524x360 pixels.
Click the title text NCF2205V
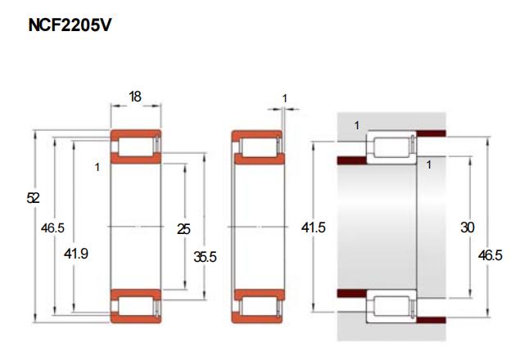[x=70, y=25]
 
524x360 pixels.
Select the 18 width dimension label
[x=135, y=97]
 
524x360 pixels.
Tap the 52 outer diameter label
[x=33, y=198]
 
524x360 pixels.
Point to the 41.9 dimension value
[x=76, y=254]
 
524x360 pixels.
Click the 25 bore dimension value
[x=183, y=229]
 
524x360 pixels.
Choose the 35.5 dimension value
[x=206, y=257]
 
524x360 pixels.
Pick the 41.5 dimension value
[x=313, y=227]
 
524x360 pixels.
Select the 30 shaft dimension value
[x=468, y=227]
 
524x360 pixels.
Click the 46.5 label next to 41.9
[x=52, y=228]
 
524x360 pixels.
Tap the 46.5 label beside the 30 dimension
[x=490, y=255]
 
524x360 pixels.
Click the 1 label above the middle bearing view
[x=284, y=98]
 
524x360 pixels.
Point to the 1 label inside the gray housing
[x=357, y=125]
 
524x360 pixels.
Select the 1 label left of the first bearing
[x=97, y=167]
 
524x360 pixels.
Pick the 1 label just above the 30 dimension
[x=429, y=164]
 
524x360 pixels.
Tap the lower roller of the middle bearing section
[x=259, y=305]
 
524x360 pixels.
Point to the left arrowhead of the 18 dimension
[x=115, y=106]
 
